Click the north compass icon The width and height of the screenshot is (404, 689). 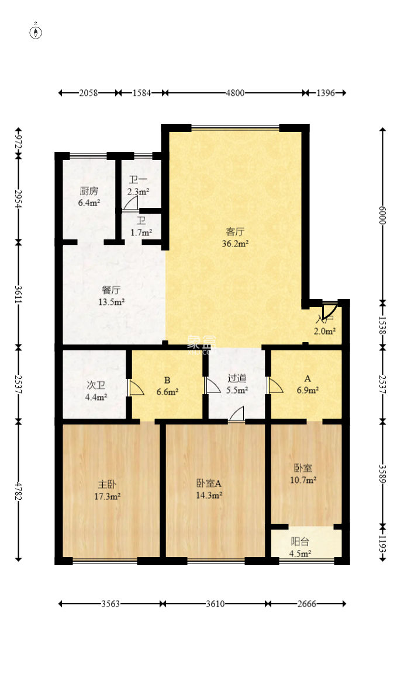pos(36,32)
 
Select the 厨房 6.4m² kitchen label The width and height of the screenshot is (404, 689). pos(89,197)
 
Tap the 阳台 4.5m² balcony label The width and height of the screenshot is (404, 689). pos(301,547)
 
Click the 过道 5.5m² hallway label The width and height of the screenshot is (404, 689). pos(237,384)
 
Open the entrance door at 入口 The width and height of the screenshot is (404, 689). pos(328,310)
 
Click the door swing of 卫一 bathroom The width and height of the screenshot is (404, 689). pos(130,203)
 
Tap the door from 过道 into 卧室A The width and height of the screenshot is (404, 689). pos(236,415)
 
